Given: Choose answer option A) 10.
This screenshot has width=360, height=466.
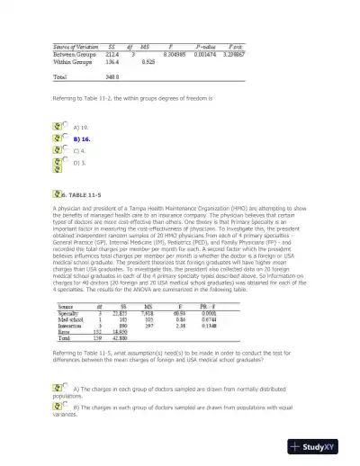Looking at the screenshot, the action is (80, 128).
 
